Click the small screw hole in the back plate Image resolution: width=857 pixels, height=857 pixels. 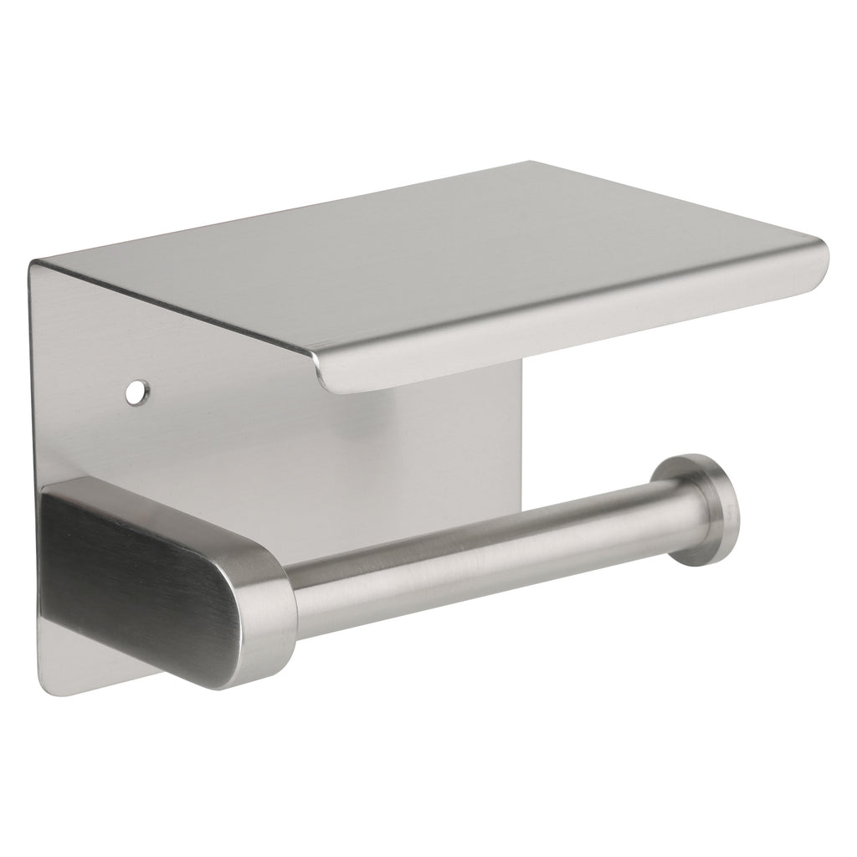click(136, 390)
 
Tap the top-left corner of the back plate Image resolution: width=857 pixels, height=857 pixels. click(35, 266)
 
